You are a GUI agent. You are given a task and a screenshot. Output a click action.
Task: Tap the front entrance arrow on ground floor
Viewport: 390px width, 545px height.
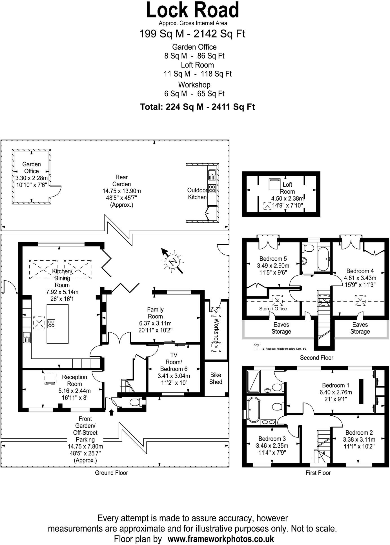point(111,412)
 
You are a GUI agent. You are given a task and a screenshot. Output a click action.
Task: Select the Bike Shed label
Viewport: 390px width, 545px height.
point(216,378)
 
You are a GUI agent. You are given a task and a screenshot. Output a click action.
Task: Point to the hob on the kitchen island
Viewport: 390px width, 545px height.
point(51,323)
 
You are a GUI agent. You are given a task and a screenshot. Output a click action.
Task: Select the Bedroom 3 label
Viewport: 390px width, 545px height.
point(272,439)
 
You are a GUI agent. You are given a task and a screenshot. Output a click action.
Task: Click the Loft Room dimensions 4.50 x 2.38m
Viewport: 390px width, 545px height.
point(287,198)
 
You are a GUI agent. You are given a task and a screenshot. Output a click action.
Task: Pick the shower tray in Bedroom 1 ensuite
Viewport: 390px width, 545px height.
point(254,381)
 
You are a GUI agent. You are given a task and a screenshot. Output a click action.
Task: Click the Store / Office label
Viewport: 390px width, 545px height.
point(273,309)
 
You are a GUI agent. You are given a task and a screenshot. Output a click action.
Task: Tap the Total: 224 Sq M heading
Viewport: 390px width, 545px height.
point(197,107)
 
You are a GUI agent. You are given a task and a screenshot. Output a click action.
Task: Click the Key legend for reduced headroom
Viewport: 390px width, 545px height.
point(280,349)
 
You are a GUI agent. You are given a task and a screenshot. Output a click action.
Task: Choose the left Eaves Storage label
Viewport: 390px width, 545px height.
point(281,328)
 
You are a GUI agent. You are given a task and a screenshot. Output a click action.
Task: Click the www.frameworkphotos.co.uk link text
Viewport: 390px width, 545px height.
point(221,539)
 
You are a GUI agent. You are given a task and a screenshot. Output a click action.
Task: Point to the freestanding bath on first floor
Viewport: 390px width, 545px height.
point(253,410)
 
